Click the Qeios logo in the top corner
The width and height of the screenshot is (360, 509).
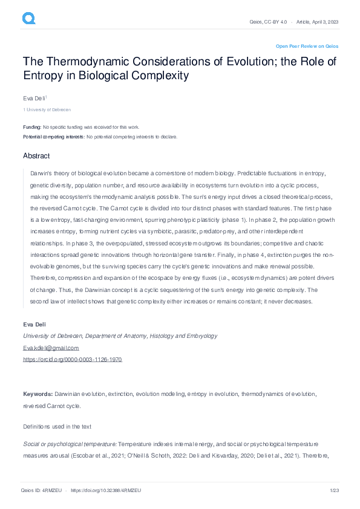28,19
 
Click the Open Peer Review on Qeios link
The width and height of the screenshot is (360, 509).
307,46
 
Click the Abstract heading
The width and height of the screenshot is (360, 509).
36,156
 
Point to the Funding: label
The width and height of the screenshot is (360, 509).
32,127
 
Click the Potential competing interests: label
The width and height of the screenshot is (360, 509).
54,137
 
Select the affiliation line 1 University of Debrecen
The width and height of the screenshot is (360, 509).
47,109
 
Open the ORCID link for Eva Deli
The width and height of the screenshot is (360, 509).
72,359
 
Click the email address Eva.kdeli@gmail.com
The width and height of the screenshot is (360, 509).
51,348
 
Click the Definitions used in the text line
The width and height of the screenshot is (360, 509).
57,426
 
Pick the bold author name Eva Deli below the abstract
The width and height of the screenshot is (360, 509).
34,325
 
